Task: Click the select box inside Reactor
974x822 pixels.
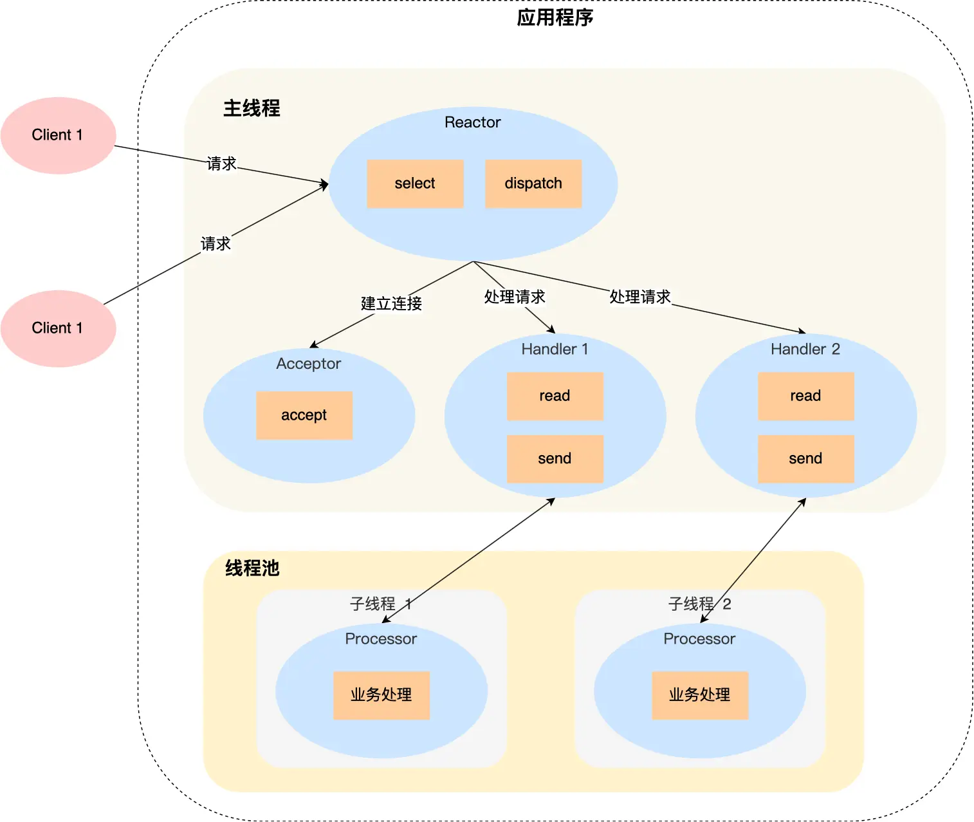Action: tap(415, 183)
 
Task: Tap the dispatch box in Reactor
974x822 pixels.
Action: tap(533, 183)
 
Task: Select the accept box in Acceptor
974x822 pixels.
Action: tap(304, 415)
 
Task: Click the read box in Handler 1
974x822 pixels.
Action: tap(555, 396)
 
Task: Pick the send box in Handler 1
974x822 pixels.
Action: tap(555, 458)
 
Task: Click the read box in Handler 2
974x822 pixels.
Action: tap(805, 396)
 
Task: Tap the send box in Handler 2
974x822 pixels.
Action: tap(805, 458)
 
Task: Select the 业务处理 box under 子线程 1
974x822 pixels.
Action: tap(381, 695)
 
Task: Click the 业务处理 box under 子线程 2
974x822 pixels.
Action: tap(699, 695)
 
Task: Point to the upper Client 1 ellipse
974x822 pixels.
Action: tap(58, 135)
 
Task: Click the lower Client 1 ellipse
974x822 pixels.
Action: tap(58, 328)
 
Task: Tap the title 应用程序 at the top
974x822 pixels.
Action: tap(555, 17)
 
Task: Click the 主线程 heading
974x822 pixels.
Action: tap(252, 108)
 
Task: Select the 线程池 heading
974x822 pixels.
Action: tap(252, 568)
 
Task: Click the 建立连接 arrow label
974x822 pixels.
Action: tap(391, 303)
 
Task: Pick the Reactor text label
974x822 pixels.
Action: tap(472, 122)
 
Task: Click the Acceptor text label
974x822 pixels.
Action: tap(308, 364)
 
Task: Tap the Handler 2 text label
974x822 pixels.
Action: tap(805, 349)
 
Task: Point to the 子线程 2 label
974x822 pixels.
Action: tap(699, 604)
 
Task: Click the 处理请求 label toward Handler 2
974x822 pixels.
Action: tap(639, 297)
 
